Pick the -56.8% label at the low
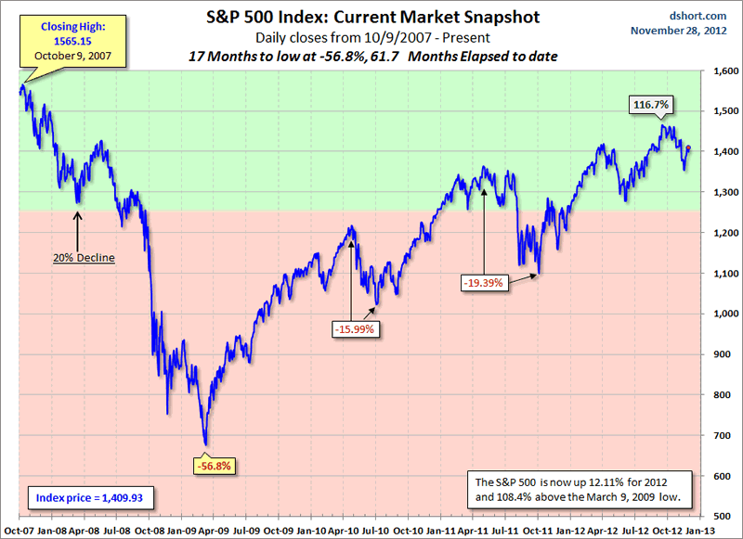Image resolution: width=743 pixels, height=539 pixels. pyautogui.click(x=213, y=465)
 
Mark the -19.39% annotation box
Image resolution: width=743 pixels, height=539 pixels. pyautogui.click(x=484, y=280)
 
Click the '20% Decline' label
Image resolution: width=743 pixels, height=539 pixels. pyautogui.click(x=83, y=257)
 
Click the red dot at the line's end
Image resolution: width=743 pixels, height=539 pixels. pyautogui.click(x=688, y=148)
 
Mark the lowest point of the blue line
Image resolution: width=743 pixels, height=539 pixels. pyautogui.click(x=205, y=444)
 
